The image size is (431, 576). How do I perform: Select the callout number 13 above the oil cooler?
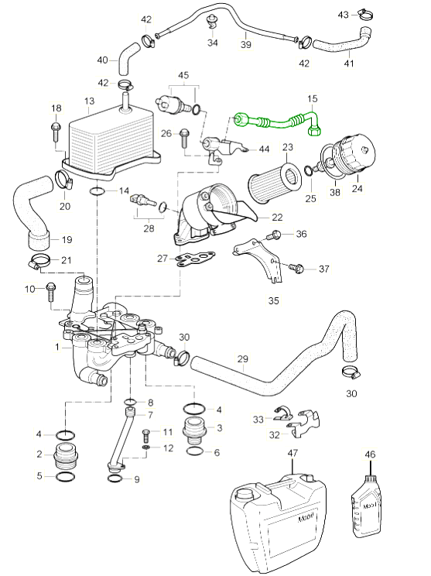click(89, 101)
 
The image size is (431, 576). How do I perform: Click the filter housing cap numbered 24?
click(353, 155)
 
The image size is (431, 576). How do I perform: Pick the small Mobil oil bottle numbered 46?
click(366, 506)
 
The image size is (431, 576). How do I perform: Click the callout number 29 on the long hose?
click(243, 358)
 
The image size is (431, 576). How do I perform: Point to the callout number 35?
click(273, 301)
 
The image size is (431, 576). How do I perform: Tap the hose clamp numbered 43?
click(366, 15)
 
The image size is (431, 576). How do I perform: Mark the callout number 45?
click(183, 75)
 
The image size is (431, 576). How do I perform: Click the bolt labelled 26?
click(184, 139)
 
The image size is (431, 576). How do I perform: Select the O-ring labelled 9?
click(117, 478)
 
